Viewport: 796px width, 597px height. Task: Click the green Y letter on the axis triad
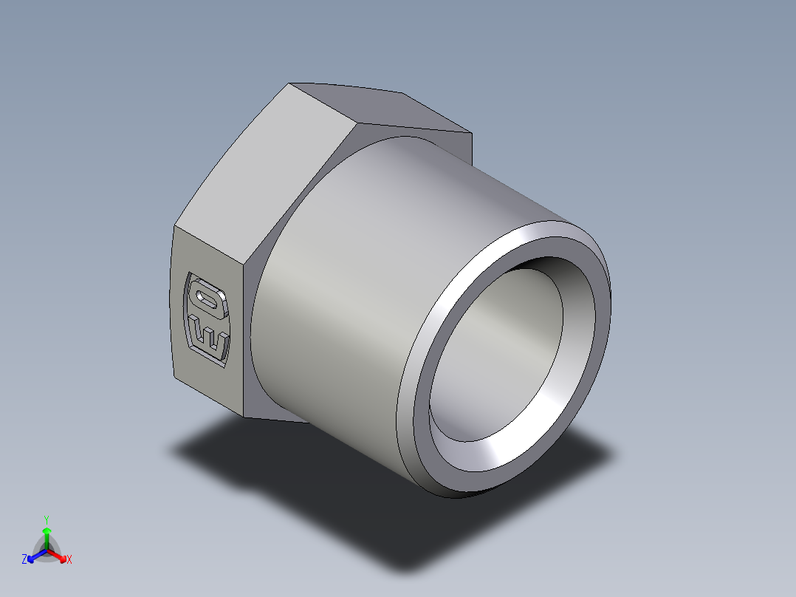point(46,519)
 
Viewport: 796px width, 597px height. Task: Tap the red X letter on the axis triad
point(69,560)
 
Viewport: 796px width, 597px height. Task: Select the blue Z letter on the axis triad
point(24,560)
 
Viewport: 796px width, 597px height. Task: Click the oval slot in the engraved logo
point(207,298)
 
